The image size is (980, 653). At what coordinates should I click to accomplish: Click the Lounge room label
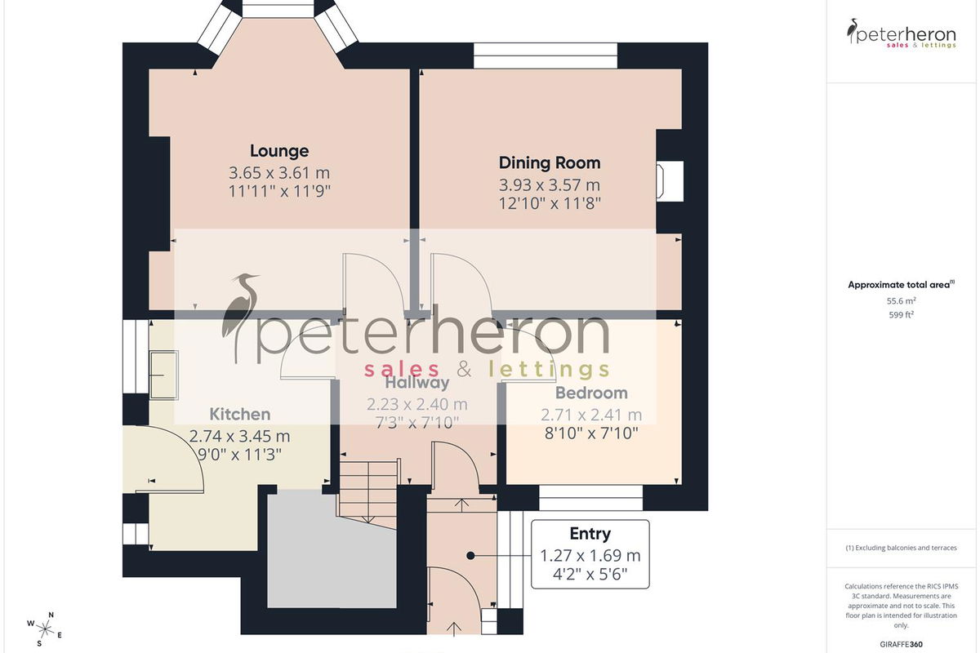(x=279, y=151)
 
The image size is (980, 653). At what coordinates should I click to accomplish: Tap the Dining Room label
(x=550, y=162)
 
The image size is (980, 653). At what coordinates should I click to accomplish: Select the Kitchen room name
(x=240, y=414)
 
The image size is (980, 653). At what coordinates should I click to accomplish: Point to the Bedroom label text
(x=591, y=393)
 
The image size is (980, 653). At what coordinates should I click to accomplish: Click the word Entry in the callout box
(x=590, y=534)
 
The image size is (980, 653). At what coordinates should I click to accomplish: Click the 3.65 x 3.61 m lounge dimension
(x=279, y=173)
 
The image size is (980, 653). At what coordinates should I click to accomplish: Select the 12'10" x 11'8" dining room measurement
(x=550, y=203)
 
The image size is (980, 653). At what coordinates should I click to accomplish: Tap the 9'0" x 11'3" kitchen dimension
(x=240, y=455)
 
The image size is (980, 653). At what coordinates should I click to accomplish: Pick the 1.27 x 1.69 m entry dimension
(x=590, y=556)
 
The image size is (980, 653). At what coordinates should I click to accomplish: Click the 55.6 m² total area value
(x=902, y=301)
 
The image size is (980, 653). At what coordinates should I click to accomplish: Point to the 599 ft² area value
(x=902, y=314)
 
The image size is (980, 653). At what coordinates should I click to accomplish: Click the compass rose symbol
(x=44, y=629)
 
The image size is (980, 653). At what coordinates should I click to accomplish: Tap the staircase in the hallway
(x=368, y=494)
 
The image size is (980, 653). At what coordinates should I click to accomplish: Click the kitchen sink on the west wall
(x=164, y=375)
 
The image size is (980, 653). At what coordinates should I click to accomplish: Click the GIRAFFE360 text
(x=902, y=644)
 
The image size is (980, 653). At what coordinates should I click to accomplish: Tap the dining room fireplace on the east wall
(x=670, y=181)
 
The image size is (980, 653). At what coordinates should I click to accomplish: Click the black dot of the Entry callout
(x=470, y=556)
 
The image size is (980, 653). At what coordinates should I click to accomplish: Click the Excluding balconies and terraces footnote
(x=902, y=548)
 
